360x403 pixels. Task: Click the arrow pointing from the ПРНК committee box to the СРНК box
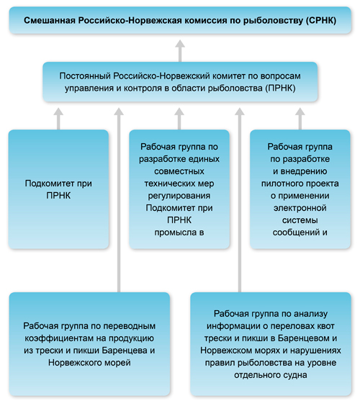[x=180, y=50]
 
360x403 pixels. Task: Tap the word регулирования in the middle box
[x=179, y=196]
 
